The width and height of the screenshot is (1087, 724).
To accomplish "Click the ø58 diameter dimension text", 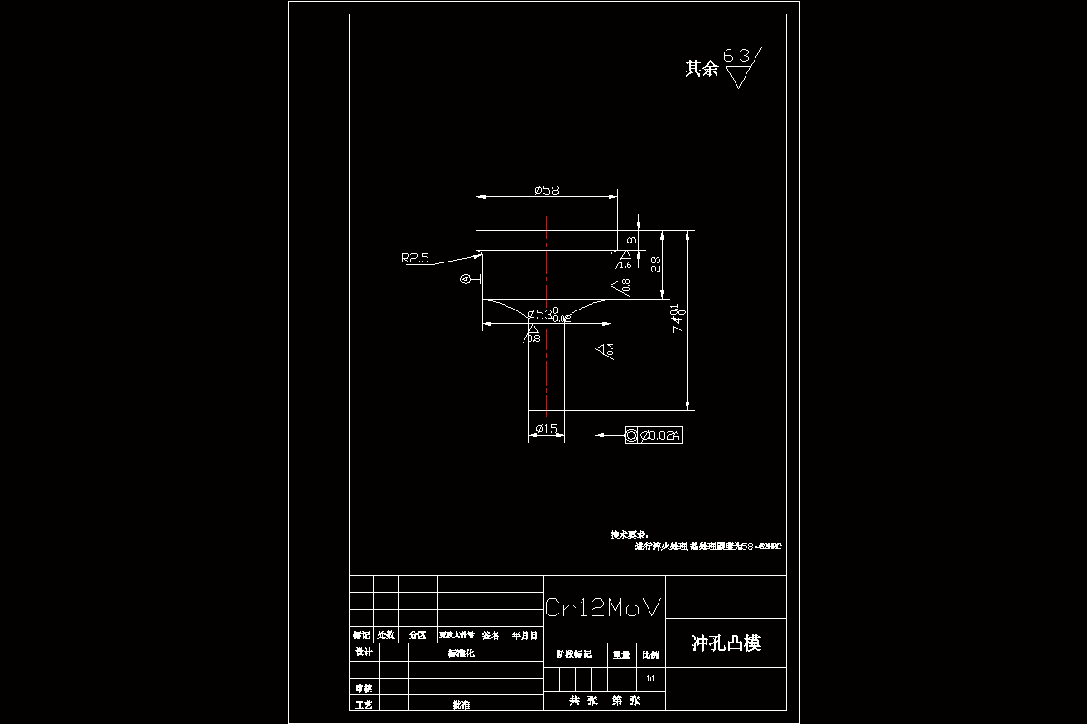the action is point(547,190).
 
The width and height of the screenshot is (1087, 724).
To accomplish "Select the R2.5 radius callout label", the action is point(415,258).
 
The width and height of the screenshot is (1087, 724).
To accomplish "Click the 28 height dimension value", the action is point(656,264).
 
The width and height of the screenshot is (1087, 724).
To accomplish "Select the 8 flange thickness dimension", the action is point(631,240).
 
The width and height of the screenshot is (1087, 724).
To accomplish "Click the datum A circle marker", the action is point(467,280).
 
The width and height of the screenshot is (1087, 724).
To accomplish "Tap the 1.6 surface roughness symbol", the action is point(625,262).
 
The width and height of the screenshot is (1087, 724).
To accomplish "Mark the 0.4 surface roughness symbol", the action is point(605,349).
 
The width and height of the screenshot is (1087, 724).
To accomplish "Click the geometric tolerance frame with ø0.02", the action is point(653,435).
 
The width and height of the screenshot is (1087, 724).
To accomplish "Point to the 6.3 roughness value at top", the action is point(736,55).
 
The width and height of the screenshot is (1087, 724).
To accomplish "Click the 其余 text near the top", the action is point(701,69).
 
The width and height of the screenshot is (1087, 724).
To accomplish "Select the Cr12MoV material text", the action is point(603,608).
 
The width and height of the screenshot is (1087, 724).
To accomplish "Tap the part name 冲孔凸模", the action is point(726,643).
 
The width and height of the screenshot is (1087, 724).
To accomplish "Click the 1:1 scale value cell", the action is point(649,678).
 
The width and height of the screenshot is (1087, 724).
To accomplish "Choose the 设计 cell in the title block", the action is point(363,652).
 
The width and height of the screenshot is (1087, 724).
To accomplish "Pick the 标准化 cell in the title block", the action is point(461,653).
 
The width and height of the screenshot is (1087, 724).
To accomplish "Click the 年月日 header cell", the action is point(524,635).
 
